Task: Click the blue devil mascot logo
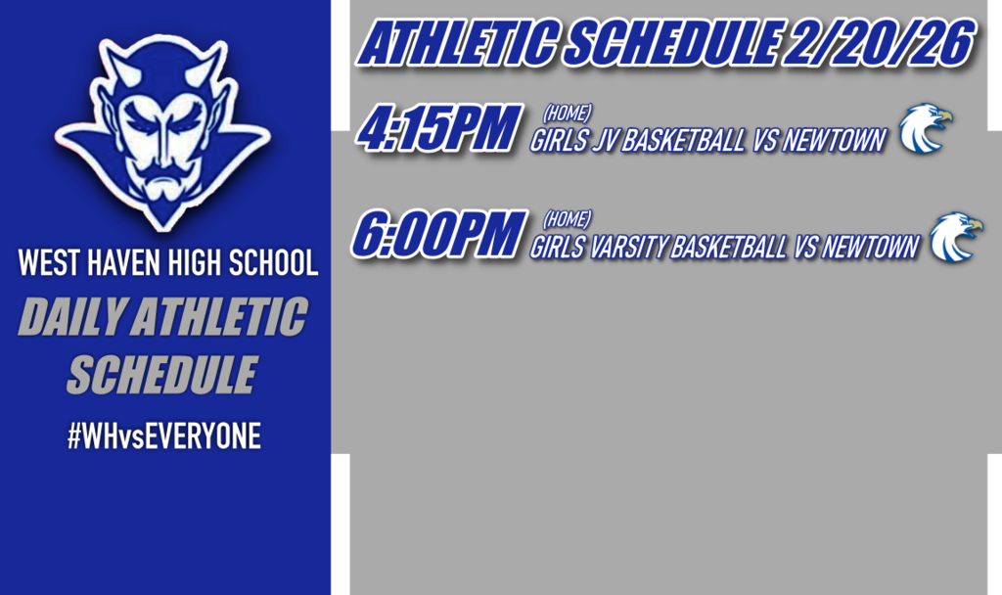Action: [x=161, y=127]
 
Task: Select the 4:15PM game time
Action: [x=436, y=130]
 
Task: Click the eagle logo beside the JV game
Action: [x=924, y=128]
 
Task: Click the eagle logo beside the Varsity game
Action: [x=954, y=237]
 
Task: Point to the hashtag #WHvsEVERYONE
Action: [x=163, y=436]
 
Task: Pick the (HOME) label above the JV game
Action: [x=567, y=114]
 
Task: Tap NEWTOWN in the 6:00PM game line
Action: [x=870, y=249]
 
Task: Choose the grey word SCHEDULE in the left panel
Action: [x=161, y=375]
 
